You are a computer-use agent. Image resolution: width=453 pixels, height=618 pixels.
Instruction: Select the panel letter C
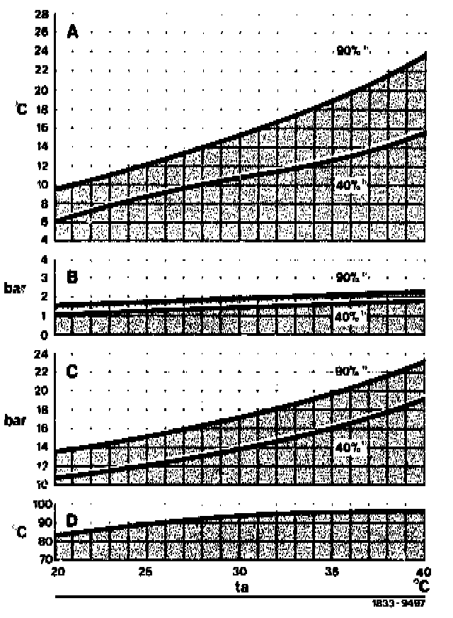pos(72,371)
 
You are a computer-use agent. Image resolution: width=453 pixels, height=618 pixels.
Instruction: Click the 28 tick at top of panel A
pos(41,13)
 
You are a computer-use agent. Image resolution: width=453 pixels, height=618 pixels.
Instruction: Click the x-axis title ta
pos(241,588)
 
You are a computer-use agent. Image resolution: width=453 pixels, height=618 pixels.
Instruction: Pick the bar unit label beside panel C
pos(18,420)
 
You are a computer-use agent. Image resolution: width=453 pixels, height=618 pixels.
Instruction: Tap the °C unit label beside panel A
pos(21,109)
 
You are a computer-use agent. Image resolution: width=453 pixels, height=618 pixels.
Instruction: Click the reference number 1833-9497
pos(398,606)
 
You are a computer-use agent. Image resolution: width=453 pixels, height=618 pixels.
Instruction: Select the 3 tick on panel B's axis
pos(44,278)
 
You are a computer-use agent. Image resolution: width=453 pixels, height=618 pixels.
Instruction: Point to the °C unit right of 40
pos(420,587)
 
